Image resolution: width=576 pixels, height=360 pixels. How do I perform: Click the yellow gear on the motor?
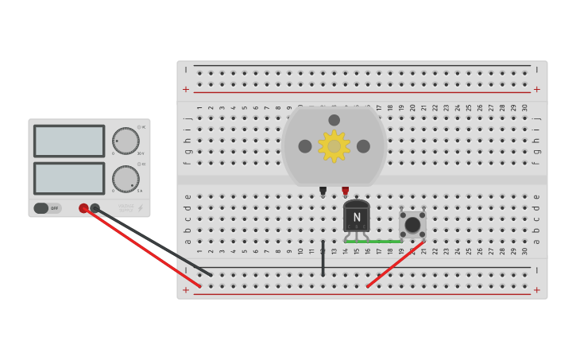(x=334, y=146)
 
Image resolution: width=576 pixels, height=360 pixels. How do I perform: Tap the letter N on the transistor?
(x=357, y=217)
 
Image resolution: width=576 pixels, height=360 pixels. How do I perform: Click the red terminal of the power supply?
(x=83, y=208)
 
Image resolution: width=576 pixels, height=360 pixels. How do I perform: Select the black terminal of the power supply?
(x=95, y=208)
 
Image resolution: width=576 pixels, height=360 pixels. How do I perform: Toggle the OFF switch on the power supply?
(x=47, y=208)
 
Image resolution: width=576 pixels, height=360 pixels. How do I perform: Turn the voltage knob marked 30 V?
(x=126, y=141)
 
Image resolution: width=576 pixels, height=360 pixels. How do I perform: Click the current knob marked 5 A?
(x=126, y=179)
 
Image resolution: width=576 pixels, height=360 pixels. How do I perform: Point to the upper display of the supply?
(x=69, y=141)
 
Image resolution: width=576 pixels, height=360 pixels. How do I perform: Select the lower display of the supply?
(x=69, y=178)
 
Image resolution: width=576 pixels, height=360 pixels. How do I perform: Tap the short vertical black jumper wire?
(x=323, y=258)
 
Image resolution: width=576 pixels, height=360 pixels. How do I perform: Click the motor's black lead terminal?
(x=323, y=191)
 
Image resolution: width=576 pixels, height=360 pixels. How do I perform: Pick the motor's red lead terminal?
(x=345, y=191)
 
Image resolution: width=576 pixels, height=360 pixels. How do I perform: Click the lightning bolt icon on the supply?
(x=141, y=208)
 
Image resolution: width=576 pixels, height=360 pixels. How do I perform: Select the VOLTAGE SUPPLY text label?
(x=126, y=208)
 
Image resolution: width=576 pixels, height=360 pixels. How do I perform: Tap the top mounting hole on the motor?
(x=334, y=121)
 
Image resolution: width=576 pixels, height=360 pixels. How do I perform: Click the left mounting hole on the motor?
(x=305, y=146)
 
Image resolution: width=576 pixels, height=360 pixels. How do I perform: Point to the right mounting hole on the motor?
(x=363, y=146)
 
